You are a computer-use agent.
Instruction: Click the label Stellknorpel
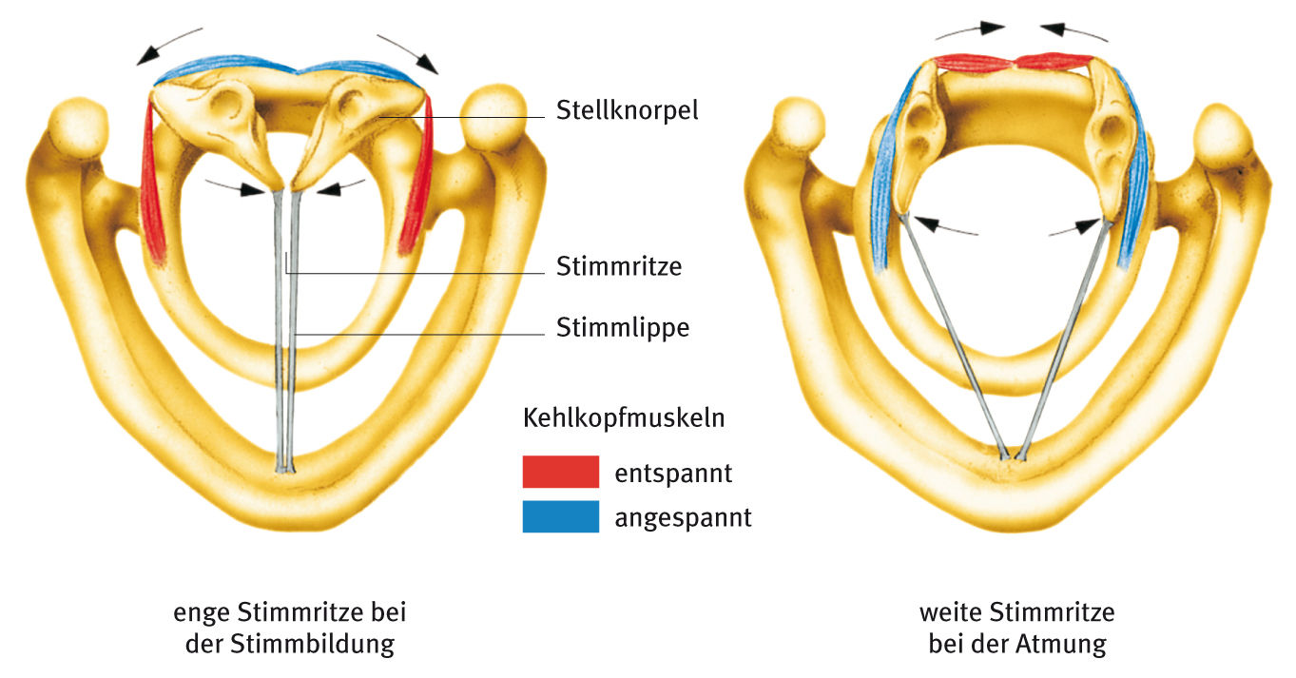pos(627,110)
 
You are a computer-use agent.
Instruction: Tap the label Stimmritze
pos(619,266)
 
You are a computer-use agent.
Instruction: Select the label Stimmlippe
pos(623,328)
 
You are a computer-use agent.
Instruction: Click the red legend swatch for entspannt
pos(560,472)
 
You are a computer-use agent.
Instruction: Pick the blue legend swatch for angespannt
pos(560,516)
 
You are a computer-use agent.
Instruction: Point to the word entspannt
pos(672,472)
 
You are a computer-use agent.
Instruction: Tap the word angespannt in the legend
pos(683,518)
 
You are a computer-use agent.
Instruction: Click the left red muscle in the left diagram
pos(152,181)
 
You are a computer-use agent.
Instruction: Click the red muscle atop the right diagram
pos(1013,63)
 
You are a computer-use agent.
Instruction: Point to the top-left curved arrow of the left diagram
pos(168,45)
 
